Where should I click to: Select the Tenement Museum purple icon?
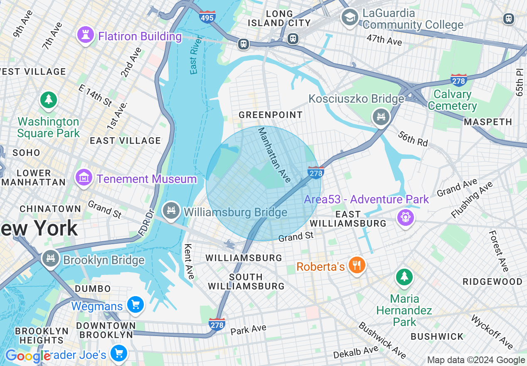click(x=84, y=178)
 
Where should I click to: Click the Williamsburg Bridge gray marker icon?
click(x=171, y=211)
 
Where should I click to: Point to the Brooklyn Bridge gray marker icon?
click(x=50, y=259)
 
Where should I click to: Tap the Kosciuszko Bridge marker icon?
click(x=381, y=116)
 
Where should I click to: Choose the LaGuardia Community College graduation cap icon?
click(x=350, y=17)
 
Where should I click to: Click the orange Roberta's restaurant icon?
click(x=356, y=265)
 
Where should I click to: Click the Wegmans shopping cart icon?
click(x=135, y=305)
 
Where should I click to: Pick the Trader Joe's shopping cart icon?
click(x=119, y=354)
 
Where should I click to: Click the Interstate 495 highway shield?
click(x=207, y=17)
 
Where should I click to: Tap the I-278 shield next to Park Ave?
click(x=217, y=324)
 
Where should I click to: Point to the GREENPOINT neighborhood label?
click(x=271, y=115)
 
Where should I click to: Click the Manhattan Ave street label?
click(x=274, y=155)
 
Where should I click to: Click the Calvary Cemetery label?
click(x=452, y=100)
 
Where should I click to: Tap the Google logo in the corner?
click(x=27, y=356)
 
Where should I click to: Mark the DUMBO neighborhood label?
click(x=93, y=289)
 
